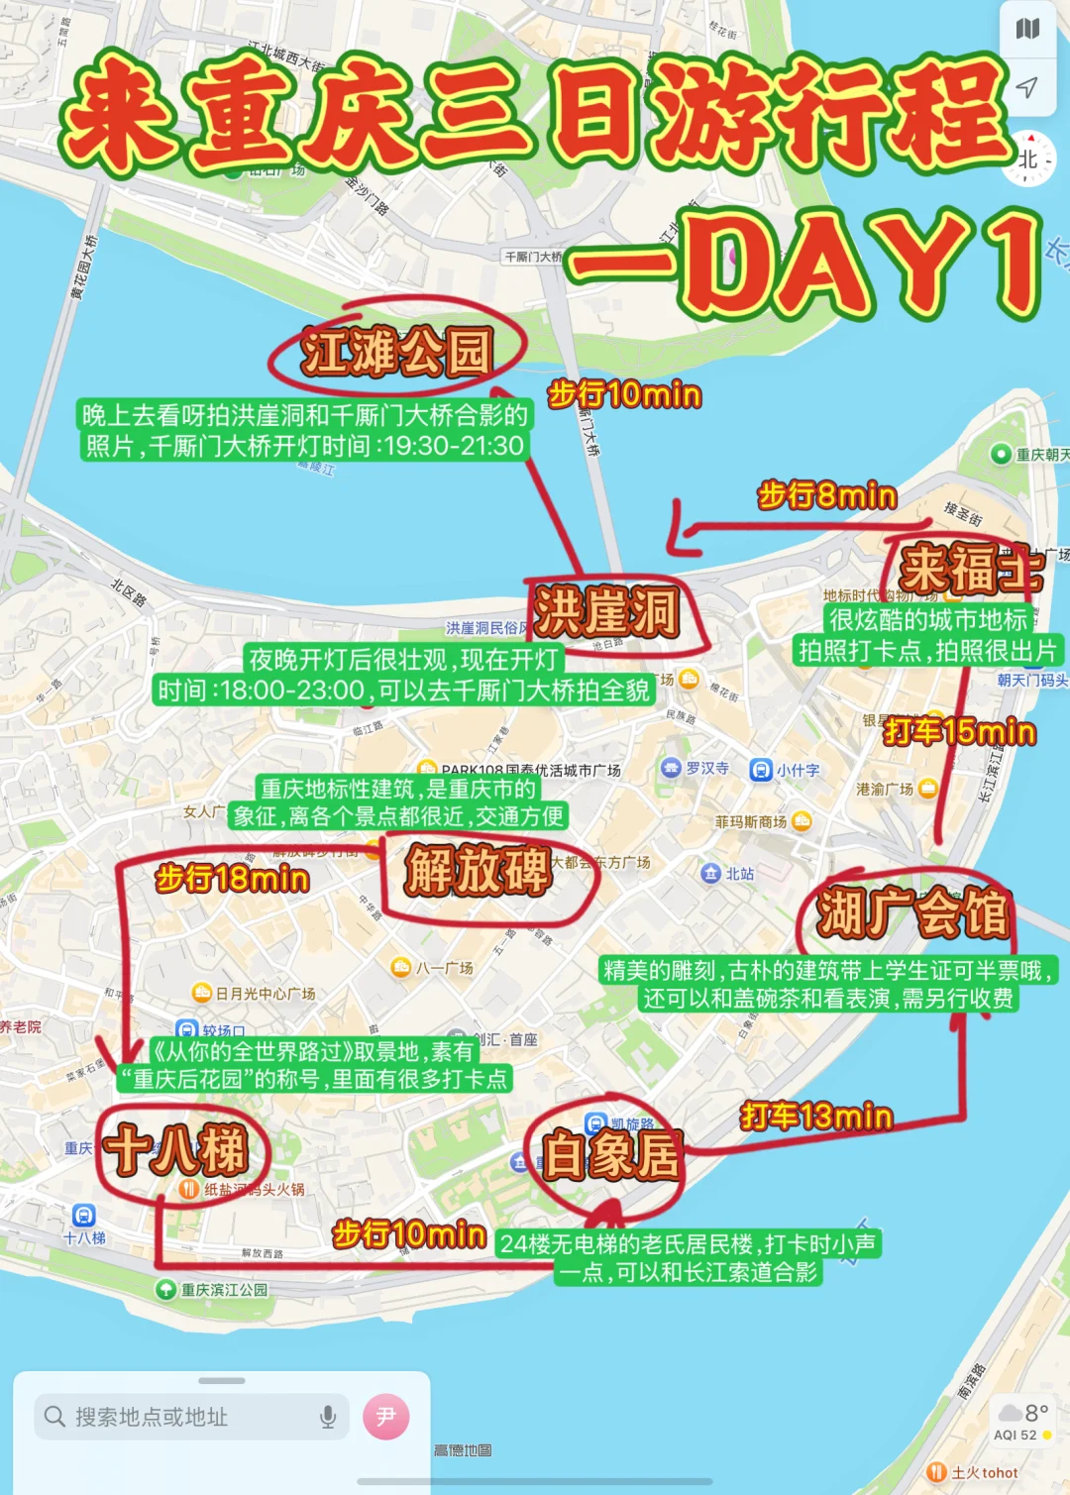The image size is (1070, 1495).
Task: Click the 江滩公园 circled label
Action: [x=397, y=352]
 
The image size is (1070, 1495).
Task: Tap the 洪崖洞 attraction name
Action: [x=606, y=611]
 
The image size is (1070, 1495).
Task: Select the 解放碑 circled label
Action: [x=478, y=871]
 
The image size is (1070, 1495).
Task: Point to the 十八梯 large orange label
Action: [x=176, y=1150]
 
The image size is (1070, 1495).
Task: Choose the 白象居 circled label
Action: [x=610, y=1155]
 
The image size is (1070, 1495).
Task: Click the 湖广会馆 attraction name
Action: [x=912, y=912]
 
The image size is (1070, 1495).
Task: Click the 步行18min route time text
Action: [x=233, y=879]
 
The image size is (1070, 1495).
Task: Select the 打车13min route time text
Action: [x=816, y=1117]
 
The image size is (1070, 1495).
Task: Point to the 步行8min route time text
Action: [x=827, y=495]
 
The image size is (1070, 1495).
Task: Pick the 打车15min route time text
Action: [x=960, y=732]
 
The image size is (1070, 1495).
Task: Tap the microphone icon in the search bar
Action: [x=328, y=1418]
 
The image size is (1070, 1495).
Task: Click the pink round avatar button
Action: [x=386, y=1417]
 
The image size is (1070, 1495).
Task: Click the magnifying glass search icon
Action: [x=55, y=1418]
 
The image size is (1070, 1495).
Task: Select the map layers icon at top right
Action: [x=1028, y=29]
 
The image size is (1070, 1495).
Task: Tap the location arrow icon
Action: [x=1028, y=87]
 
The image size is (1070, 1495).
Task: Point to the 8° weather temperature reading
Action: [x=1036, y=1413]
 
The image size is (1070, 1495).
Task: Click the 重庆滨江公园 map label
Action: [x=224, y=1290]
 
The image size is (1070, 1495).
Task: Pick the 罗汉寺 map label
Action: [x=706, y=768]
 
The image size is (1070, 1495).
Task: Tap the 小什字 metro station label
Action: [x=798, y=770]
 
